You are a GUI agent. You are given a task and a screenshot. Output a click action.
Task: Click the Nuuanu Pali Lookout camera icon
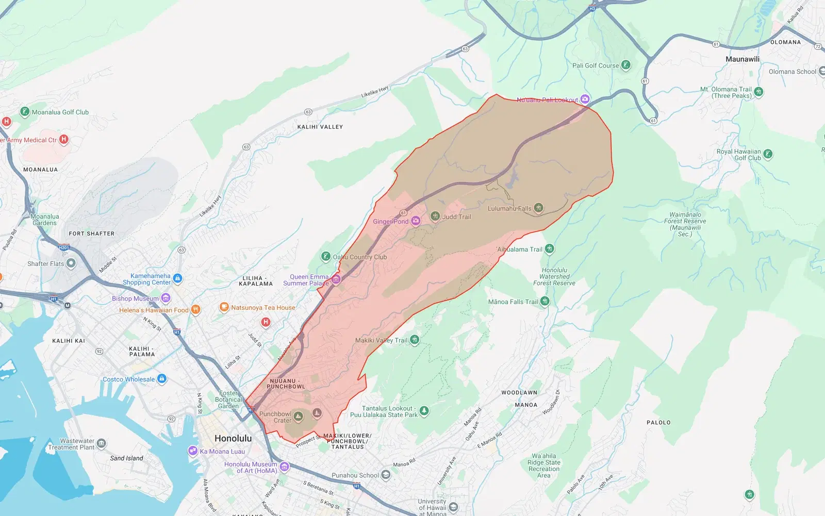click(x=585, y=99)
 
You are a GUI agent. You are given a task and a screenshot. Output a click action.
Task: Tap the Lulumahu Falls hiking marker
click(x=538, y=208)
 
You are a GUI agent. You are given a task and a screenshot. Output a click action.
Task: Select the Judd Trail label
click(x=456, y=217)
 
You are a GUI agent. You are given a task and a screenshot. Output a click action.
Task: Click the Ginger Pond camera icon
click(x=416, y=221)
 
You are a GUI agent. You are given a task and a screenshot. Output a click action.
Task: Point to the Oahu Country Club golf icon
click(x=325, y=256)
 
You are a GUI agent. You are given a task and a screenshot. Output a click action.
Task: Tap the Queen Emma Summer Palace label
click(x=306, y=280)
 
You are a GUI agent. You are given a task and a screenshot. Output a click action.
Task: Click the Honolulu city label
click(x=233, y=438)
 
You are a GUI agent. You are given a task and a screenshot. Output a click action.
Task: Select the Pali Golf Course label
click(x=595, y=65)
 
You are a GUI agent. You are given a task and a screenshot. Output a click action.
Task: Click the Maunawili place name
click(x=742, y=59)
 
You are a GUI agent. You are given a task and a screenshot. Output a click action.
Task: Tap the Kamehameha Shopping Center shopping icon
click(x=178, y=278)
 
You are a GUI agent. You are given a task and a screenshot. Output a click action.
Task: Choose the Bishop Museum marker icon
click(x=166, y=298)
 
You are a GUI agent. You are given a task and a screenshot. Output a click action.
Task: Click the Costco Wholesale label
click(x=128, y=379)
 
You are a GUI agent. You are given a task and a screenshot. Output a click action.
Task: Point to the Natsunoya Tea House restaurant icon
click(x=224, y=307)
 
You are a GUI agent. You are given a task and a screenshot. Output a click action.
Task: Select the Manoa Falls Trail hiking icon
click(x=545, y=301)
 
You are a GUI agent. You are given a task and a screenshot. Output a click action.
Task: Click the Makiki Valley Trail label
click(x=381, y=340)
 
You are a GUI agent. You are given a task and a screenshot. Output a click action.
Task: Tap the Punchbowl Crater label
click(x=275, y=417)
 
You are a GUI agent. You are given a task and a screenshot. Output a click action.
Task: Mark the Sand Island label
click(x=126, y=458)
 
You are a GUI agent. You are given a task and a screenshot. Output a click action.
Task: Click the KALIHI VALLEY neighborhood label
click(x=320, y=127)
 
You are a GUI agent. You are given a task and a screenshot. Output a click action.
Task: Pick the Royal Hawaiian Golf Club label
click(x=739, y=155)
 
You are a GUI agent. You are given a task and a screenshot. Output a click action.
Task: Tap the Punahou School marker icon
click(x=386, y=475)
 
